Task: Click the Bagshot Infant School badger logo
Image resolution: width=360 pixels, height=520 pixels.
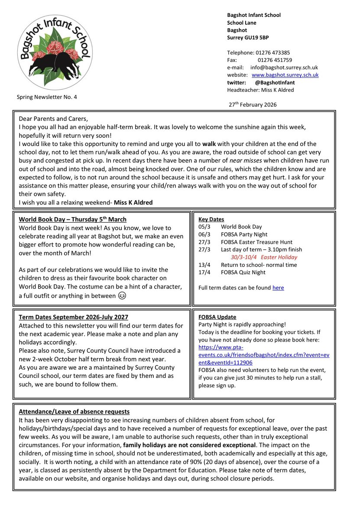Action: (x=54, y=49)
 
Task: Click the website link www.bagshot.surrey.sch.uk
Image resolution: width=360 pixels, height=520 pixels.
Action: (x=285, y=75)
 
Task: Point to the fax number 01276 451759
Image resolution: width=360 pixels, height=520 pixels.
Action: (x=275, y=60)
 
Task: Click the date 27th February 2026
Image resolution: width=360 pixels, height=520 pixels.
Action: (x=253, y=104)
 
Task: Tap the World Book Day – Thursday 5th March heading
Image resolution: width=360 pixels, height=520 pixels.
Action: (x=73, y=219)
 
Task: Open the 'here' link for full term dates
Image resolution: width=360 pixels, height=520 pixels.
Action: (x=278, y=287)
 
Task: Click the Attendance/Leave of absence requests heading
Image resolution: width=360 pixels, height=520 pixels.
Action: (x=74, y=411)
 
